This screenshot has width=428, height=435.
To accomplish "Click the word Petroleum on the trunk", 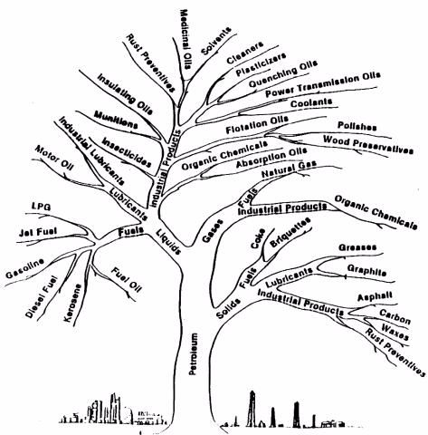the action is coord(194,353).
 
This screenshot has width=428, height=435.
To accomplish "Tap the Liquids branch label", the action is coord(168,242).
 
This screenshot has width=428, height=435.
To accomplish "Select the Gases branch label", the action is coord(213,231).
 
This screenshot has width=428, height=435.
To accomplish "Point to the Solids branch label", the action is coord(229,308).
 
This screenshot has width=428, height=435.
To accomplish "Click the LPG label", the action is coord(42,207).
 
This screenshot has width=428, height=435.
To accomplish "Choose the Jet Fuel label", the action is coord(37,232).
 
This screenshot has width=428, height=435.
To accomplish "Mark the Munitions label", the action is coord(116,120).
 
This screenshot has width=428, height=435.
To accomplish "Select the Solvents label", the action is coord(216,41).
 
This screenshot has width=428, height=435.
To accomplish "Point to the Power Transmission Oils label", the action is coord(323,84).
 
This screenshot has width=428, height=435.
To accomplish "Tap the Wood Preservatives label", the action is coord(368,145).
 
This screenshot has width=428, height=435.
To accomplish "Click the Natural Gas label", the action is coord(289,169).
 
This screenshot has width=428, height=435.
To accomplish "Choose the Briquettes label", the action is coord(290,232).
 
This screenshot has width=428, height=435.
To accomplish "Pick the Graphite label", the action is coord(366,270).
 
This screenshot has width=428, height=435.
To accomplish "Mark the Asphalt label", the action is coord(375,296).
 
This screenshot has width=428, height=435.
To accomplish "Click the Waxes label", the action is coord(395,332).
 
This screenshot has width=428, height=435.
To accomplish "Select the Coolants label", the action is coord(311,102).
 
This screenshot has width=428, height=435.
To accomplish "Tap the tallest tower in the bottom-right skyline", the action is coord(252,409).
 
